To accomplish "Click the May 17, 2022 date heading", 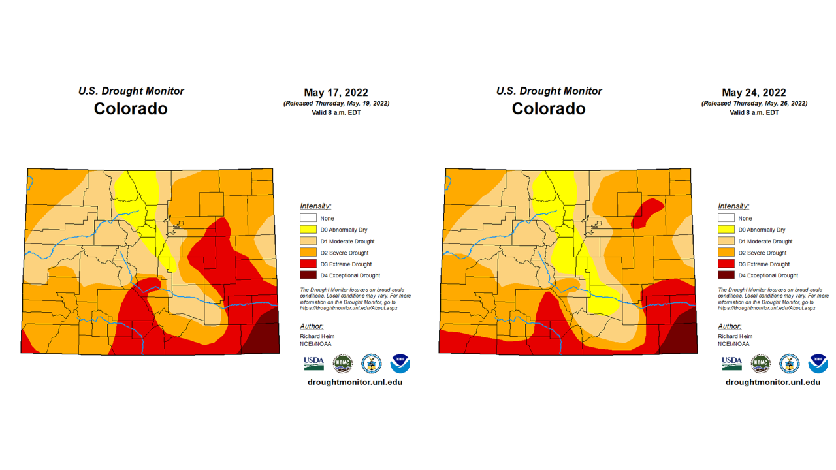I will pos(336,93).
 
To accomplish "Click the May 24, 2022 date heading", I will pos(754,93).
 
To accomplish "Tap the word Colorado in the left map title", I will pos(131,108).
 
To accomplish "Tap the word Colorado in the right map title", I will pos(549,108).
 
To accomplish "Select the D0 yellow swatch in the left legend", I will pos(308,230).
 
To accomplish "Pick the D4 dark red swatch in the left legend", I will pos(308,275).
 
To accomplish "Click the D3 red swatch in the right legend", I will pos(726,264).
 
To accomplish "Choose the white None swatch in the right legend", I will pos(726,218).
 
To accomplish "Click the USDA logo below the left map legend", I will pos(313,363).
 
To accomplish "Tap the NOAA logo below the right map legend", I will pos(818,364).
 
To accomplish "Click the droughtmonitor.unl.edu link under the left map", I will pos(355,382).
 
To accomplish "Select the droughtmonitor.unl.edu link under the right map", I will pos(773,382).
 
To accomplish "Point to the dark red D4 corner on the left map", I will pos(262,336).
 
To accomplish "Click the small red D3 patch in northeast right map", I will pos(647,213).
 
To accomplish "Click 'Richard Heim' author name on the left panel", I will pos(317,336).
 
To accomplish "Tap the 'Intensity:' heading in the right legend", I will pos(733,206).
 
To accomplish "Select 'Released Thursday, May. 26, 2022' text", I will pos(754,103).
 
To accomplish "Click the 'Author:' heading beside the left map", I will pos(312,326).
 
